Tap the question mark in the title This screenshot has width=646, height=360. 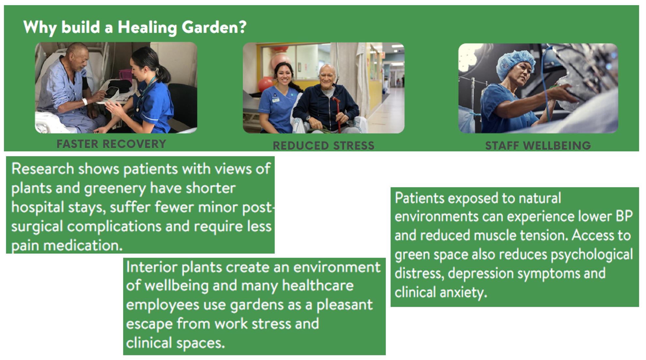[x=242, y=27]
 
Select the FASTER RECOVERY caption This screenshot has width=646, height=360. [x=111, y=144]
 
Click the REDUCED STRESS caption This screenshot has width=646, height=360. [x=324, y=145]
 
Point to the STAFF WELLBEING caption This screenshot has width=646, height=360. [x=538, y=145]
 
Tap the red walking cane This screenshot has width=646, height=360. [x=337, y=114]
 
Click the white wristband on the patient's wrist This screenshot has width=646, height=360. [x=85, y=101]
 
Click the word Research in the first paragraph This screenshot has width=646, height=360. [x=43, y=169]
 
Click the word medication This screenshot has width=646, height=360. [x=83, y=246]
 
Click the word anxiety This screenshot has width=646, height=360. [x=463, y=292]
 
